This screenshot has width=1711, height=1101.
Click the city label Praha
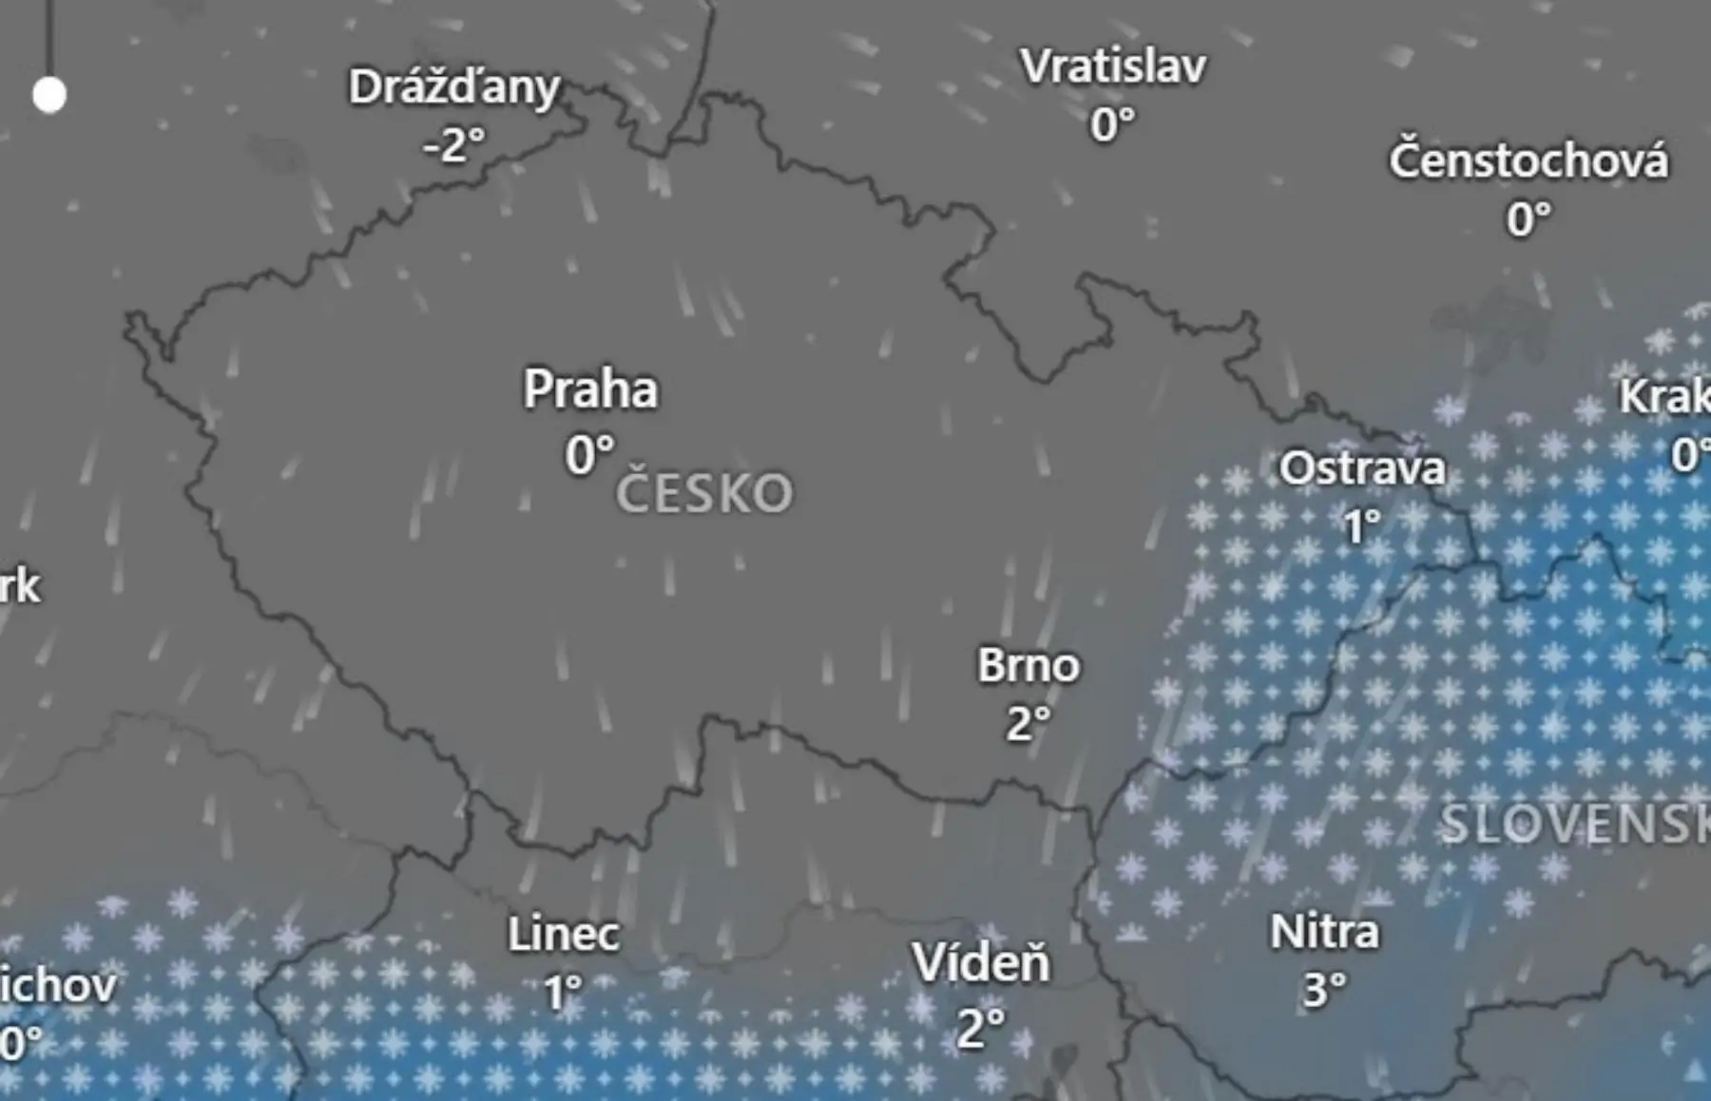tap(590, 389)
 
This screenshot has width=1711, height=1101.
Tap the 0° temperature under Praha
tap(589, 454)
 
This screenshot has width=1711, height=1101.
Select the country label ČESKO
tap(704, 494)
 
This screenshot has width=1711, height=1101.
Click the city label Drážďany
tap(454, 87)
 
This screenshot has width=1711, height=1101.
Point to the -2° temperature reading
tap(454, 145)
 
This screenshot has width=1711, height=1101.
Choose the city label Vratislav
tap(1113, 66)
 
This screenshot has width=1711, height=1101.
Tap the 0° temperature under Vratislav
tap(1112, 125)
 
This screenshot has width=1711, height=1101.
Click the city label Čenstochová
tap(1528, 161)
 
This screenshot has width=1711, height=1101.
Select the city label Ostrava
tap(1362, 468)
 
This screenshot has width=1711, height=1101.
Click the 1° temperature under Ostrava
tap(1361, 526)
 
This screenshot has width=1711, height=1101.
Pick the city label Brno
tap(1029, 666)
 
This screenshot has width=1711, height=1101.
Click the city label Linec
tap(564, 935)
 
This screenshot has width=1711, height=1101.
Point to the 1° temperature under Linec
tap(563, 994)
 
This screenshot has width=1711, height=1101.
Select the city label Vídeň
tap(981, 964)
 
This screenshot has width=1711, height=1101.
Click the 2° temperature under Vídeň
tap(981, 1028)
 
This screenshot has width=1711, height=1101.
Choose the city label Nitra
tap(1324, 932)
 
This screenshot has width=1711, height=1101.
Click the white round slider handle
tap(49, 95)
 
